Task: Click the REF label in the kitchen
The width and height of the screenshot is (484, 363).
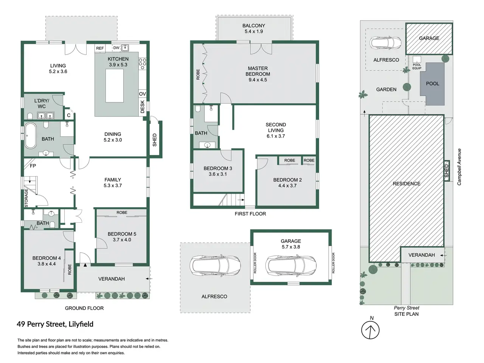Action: (100, 48)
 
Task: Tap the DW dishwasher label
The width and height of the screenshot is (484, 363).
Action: (116, 48)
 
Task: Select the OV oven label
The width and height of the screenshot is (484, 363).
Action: (143, 94)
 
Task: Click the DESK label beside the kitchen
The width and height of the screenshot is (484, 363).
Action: (143, 107)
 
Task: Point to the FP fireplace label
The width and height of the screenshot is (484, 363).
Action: (33, 166)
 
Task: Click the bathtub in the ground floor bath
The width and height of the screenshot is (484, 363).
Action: (30, 136)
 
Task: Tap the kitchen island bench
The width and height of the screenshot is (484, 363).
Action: (114, 85)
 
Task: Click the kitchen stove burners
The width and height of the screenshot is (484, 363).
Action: (142, 64)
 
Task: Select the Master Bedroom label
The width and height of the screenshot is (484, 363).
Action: (258, 74)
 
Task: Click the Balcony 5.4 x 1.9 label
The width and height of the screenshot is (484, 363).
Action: (254, 28)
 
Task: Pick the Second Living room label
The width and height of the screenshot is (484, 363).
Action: (276, 130)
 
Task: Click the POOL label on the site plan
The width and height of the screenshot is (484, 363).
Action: (433, 84)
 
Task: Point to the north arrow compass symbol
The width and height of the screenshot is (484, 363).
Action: (371, 330)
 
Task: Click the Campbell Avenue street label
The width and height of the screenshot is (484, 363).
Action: (459, 167)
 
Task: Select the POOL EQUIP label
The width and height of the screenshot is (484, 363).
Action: (417, 66)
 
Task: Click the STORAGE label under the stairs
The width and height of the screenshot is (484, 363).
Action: (26, 198)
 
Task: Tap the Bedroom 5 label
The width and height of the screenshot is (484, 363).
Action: (122, 237)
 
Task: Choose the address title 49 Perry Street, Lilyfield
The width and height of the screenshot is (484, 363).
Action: (55, 324)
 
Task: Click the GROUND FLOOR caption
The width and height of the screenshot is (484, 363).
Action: (84, 308)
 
